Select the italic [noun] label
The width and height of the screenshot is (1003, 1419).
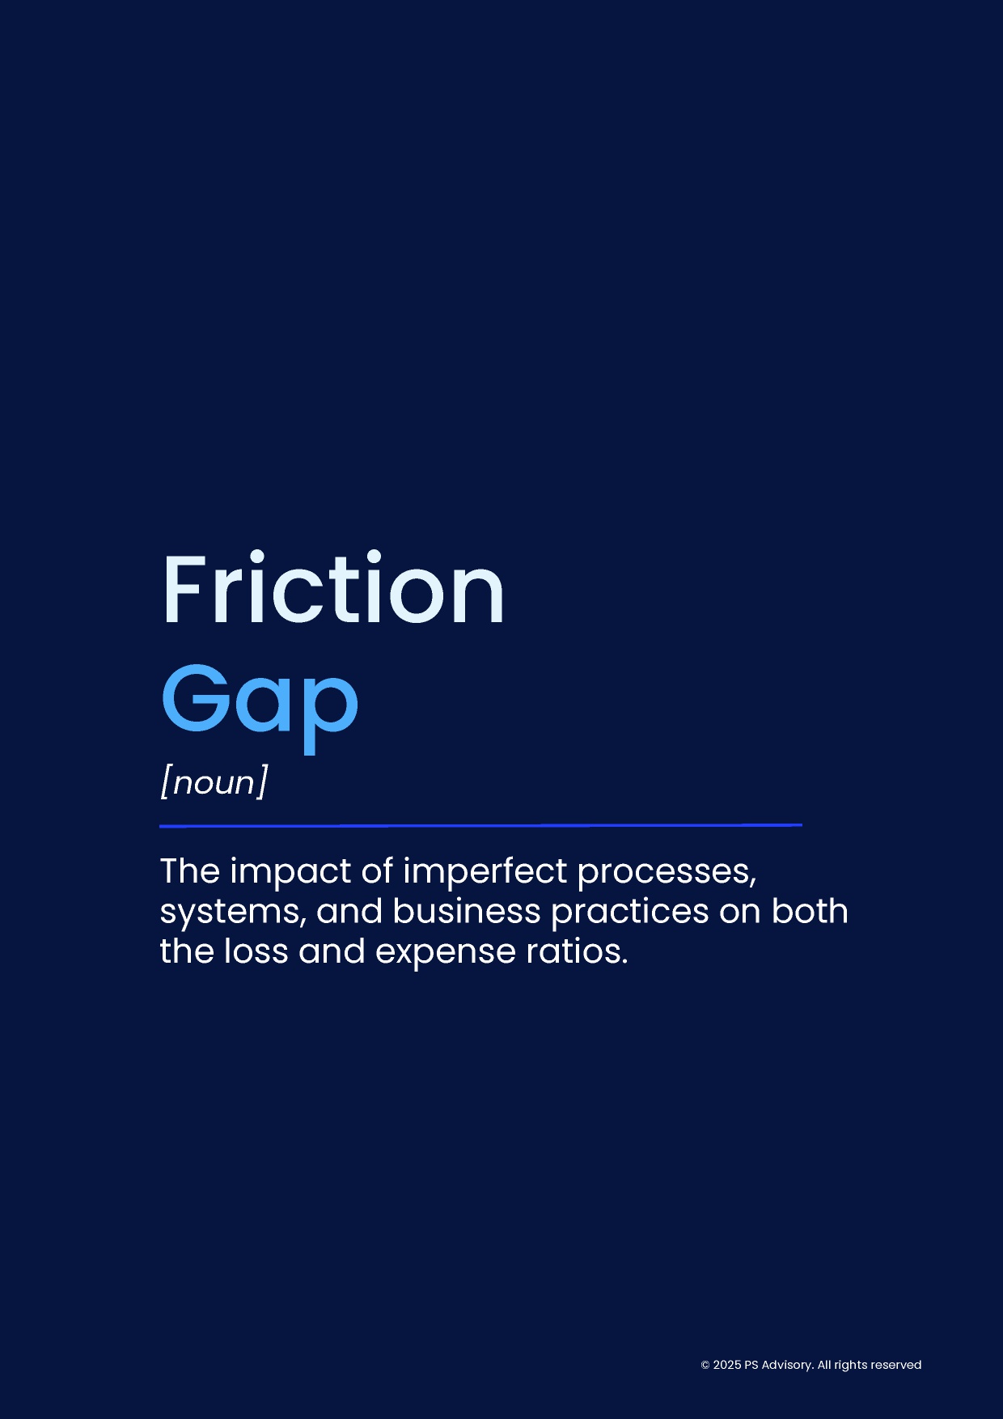pos(214,782)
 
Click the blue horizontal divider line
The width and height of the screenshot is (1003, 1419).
pos(480,826)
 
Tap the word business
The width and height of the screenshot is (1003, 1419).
pos(467,911)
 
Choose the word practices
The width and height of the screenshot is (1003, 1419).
pos(630,913)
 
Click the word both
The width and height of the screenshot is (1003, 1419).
pos(810,911)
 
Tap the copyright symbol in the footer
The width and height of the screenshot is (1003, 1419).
pos(705,1366)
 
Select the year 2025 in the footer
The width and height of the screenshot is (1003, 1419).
pos(727,1366)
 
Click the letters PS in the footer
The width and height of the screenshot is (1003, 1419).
pos(751,1366)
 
